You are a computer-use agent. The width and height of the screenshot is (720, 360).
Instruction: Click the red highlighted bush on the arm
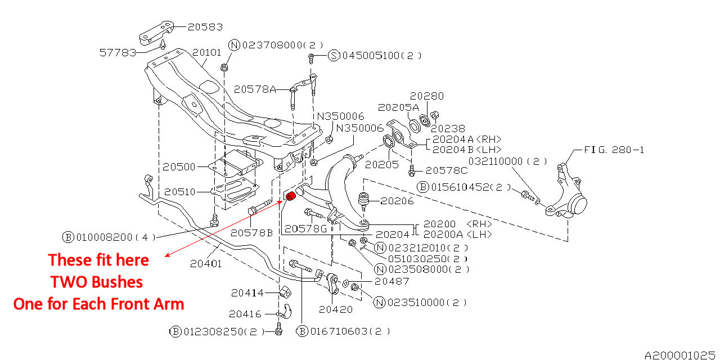291,196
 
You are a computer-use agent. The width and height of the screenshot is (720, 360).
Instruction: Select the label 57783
118,52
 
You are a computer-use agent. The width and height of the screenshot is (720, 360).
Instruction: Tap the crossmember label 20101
207,53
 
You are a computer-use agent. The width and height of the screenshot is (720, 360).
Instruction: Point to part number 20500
179,167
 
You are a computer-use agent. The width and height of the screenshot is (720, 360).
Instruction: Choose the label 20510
179,192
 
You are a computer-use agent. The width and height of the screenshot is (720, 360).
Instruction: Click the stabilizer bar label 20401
206,263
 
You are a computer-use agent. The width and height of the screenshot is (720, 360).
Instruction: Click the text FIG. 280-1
614,150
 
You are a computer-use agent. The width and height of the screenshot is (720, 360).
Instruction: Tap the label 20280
426,96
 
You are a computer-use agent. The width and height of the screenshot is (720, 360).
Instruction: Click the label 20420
336,309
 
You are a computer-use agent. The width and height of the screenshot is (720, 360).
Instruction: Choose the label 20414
247,292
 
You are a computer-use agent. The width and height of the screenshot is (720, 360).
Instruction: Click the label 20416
245,314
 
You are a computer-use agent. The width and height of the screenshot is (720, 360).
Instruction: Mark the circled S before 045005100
334,56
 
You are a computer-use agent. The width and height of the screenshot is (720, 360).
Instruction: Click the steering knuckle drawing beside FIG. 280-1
569,191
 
